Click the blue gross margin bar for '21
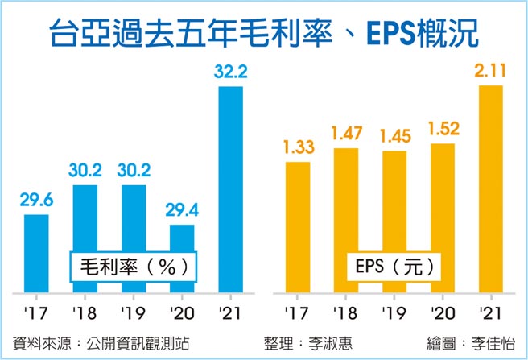[230, 189]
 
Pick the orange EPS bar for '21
[490, 189]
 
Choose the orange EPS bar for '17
[297, 227]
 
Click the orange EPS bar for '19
[394, 221]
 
